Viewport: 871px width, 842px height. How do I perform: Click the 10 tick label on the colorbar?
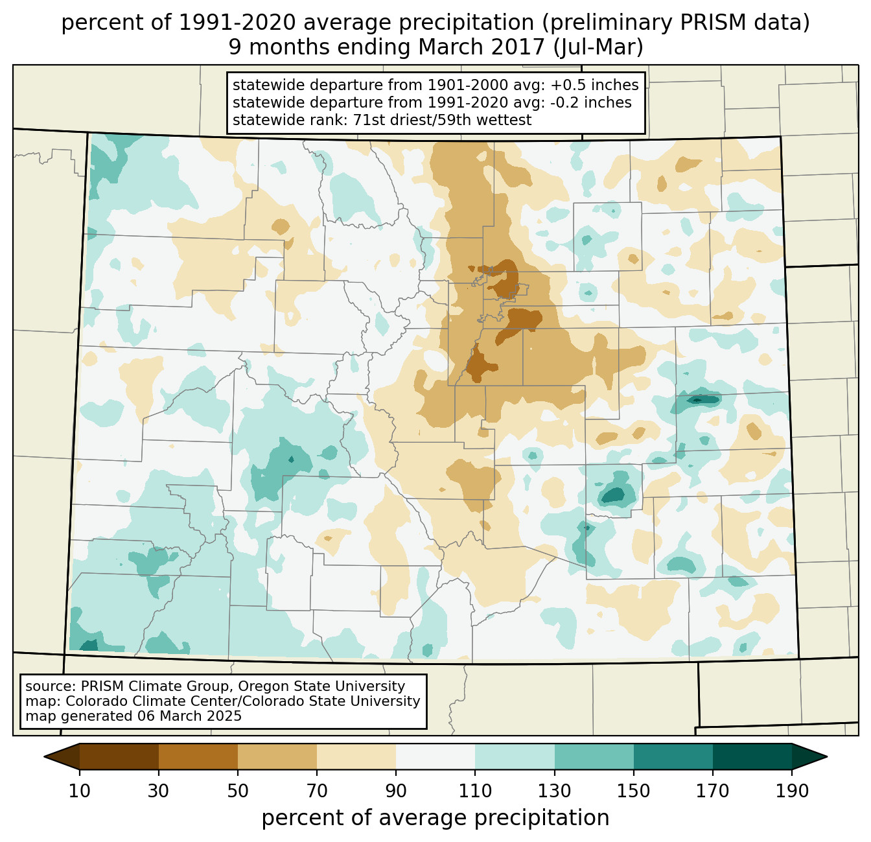click(x=80, y=791)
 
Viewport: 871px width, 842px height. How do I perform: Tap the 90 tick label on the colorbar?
click(x=396, y=791)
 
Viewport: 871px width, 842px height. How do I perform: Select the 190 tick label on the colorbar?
click(x=792, y=791)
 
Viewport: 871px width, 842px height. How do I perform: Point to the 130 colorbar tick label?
click(x=555, y=791)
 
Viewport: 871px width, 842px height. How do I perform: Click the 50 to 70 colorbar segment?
click(x=277, y=756)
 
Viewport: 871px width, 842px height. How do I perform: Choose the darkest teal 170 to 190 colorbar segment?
click(x=752, y=756)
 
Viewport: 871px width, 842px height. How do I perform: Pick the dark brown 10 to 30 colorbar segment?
click(x=119, y=756)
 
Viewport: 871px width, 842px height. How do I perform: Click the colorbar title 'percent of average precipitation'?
click(x=435, y=818)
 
